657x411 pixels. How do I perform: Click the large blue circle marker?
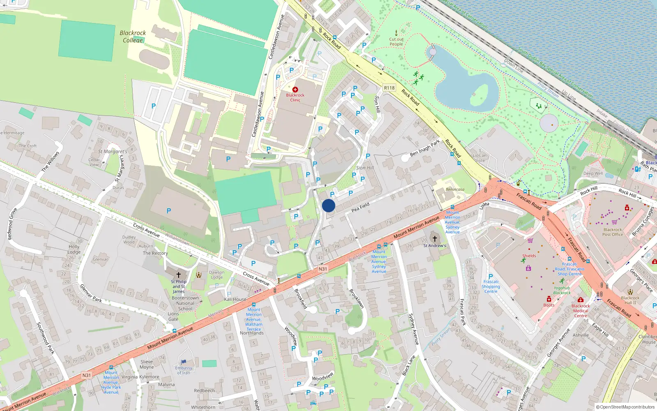coord(328,205)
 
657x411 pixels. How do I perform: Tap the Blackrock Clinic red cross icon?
coord(295,89)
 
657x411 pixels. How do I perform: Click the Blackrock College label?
coord(133,36)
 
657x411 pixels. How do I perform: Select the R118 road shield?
coord(389,88)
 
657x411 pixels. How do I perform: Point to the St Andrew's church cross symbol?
coord(434,238)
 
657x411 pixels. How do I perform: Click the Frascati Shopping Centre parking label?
coord(491,284)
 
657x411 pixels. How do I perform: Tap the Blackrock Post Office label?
coord(613,232)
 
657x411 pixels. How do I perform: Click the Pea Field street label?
coord(361,207)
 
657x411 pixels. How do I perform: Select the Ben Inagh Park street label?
coord(425,148)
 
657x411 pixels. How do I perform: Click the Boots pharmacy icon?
coord(549,299)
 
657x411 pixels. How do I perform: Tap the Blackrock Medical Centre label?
coord(581,311)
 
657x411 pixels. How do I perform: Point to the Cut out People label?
coord(396,42)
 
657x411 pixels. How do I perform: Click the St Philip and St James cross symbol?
coord(179,274)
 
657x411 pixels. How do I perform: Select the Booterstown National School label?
coord(185,303)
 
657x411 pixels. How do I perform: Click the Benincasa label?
coord(455,189)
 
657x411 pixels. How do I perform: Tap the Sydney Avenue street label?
coord(413,329)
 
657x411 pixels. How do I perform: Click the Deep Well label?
coord(593,173)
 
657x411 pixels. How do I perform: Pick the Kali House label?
coord(235,299)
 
